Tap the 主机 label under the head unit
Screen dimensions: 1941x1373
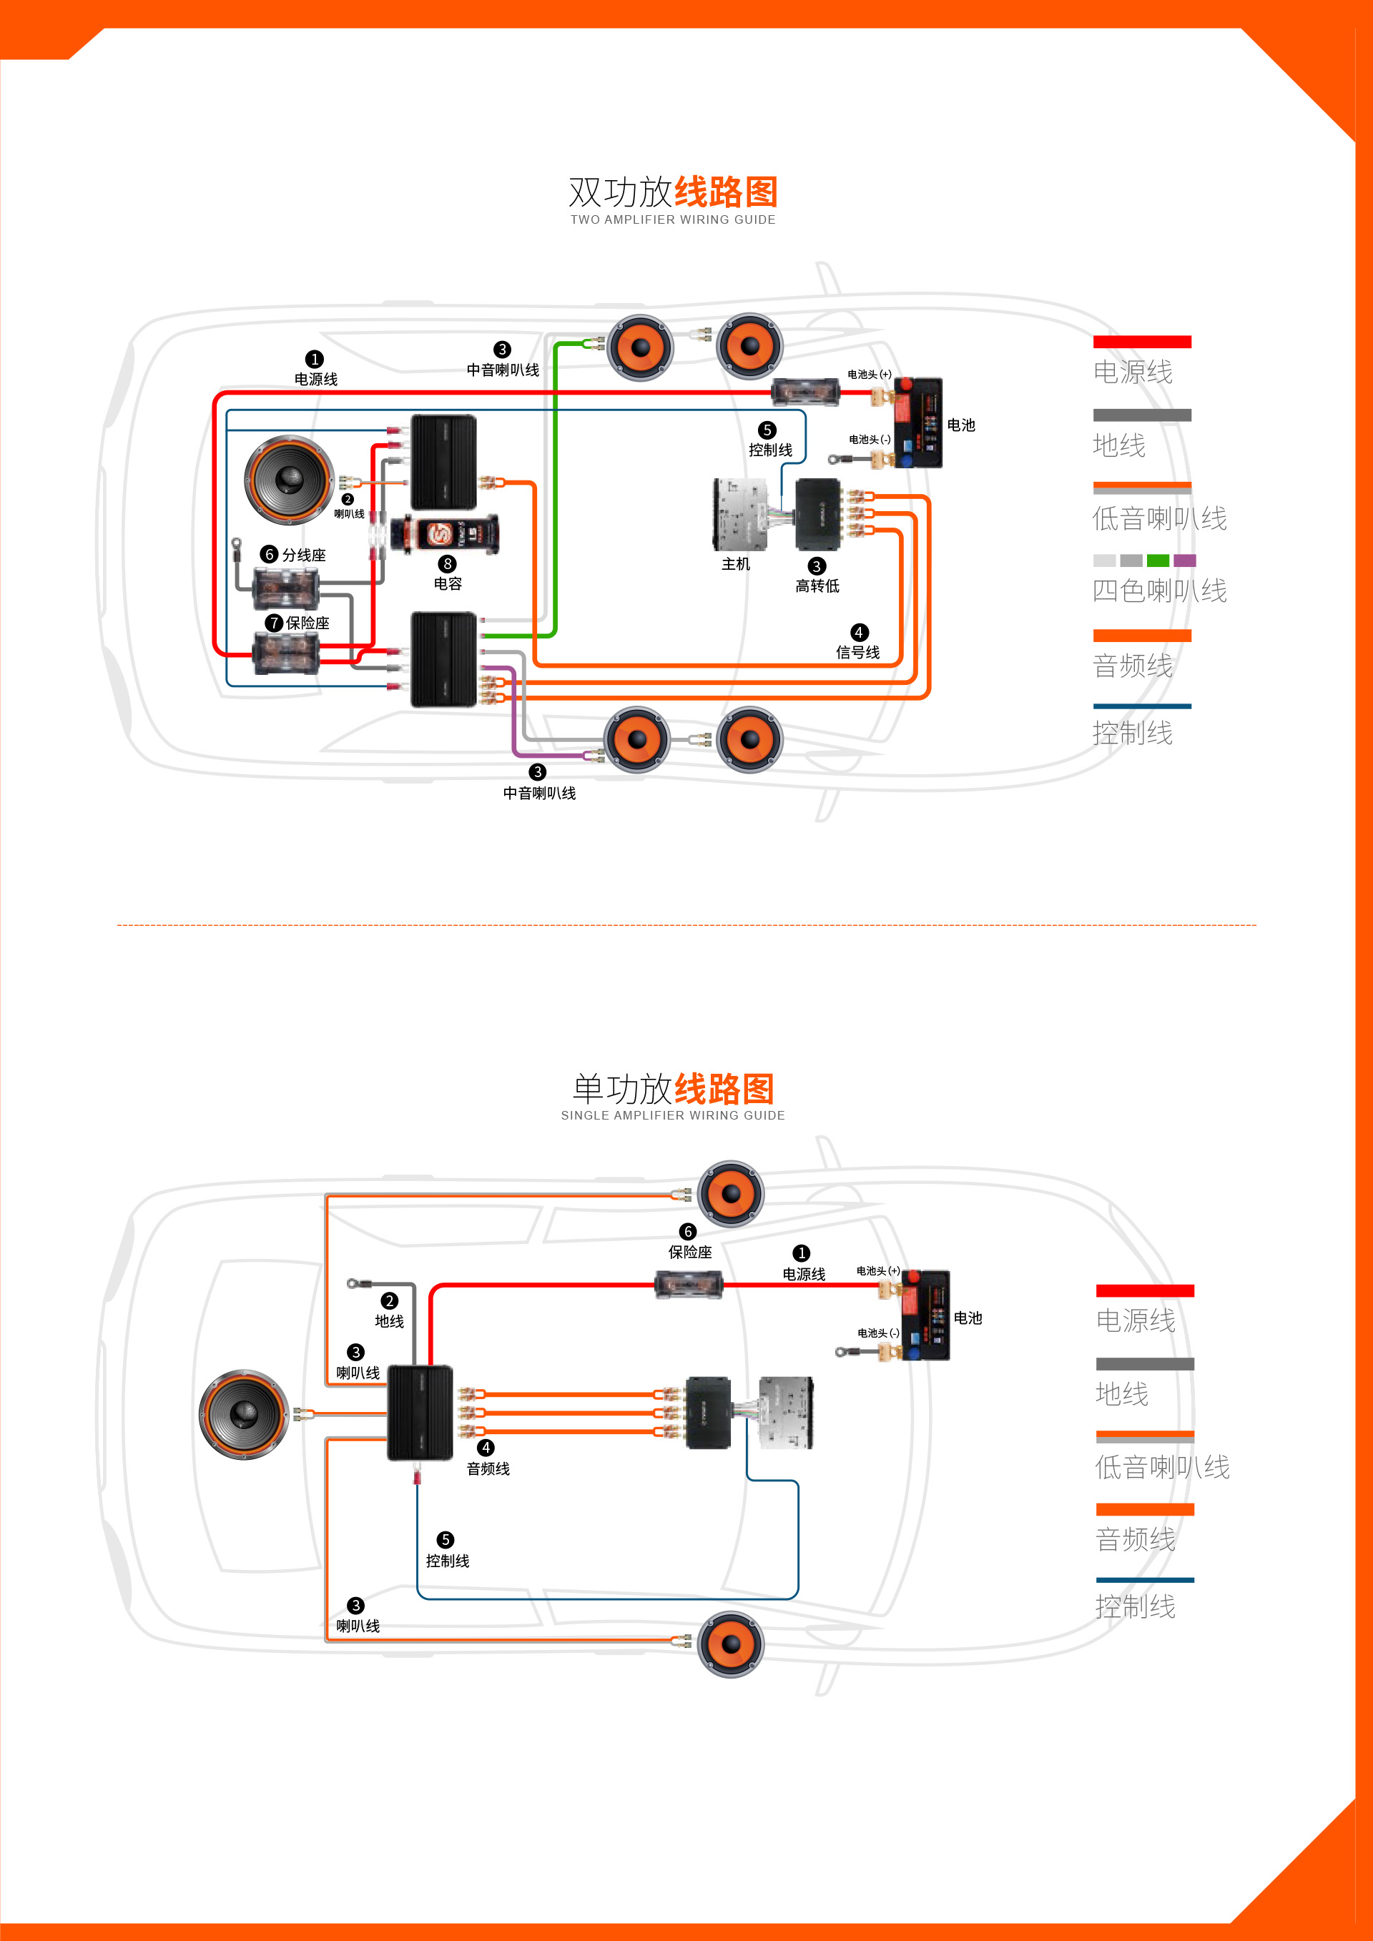click(x=736, y=564)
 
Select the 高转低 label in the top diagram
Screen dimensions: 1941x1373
click(x=817, y=586)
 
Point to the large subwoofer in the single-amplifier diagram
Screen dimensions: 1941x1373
click(x=243, y=1413)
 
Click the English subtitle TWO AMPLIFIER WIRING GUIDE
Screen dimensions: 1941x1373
click(x=673, y=219)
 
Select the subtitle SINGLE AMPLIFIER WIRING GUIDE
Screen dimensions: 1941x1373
click(x=673, y=1115)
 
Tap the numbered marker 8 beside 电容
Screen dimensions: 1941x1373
click(x=447, y=564)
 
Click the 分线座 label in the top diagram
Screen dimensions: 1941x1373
click(x=303, y=555)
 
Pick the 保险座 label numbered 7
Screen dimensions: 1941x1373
click(x=307, y=623)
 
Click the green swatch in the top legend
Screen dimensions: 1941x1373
click(x=1158, y=560)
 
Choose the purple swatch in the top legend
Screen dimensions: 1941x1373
click(x=1184, y=560)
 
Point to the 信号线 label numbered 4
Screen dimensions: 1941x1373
click(x=857, y=652)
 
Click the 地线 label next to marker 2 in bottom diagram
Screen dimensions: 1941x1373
click(x=389, y=1320)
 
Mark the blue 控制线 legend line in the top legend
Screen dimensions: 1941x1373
click(x=1142, y=706)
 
